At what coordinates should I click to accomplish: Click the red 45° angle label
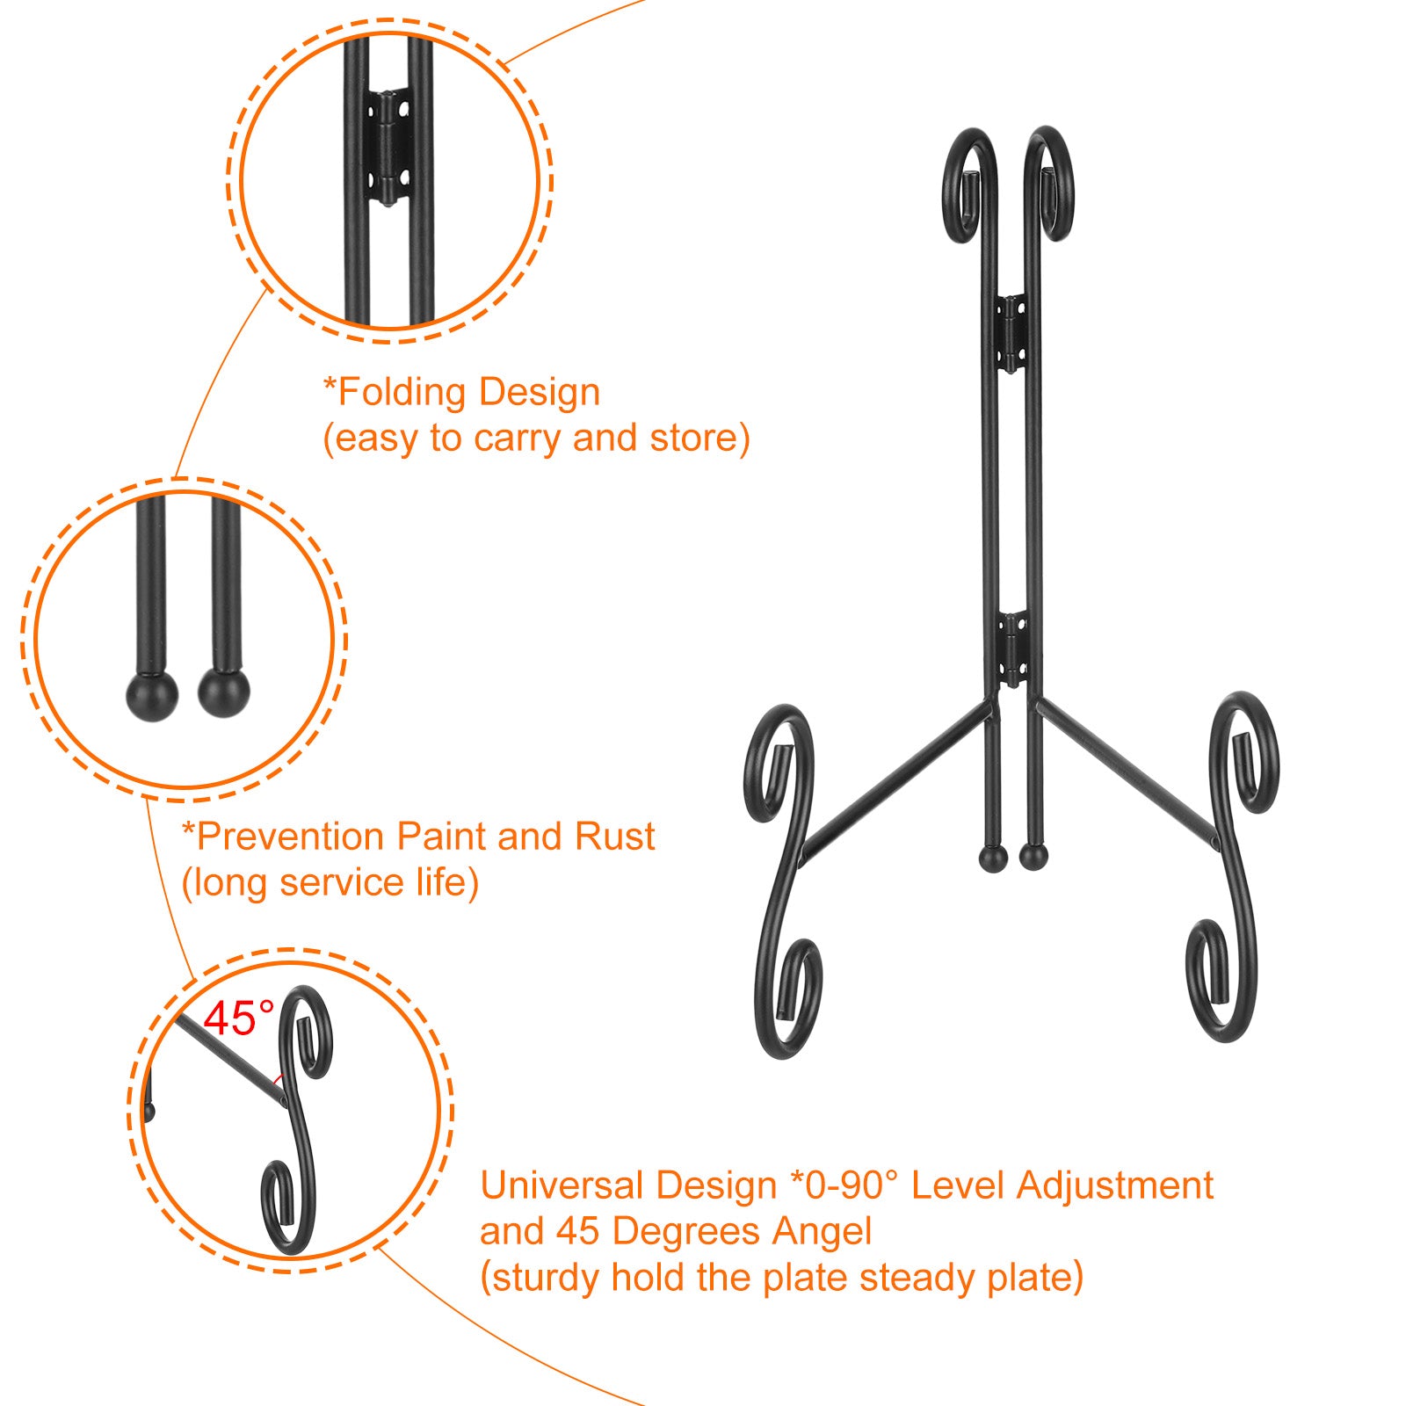click(239, 1019)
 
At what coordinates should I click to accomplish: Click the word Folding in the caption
click(401, 394)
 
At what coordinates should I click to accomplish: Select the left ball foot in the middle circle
click(152, 695)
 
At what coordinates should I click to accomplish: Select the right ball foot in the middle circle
click(224, 692)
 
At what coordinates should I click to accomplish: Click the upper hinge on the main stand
click(1011, 333)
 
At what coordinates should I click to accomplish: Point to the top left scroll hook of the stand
click(971, 185)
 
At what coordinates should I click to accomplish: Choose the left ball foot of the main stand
click(993, 859)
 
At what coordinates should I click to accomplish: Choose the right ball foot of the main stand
click(1033, 857)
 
